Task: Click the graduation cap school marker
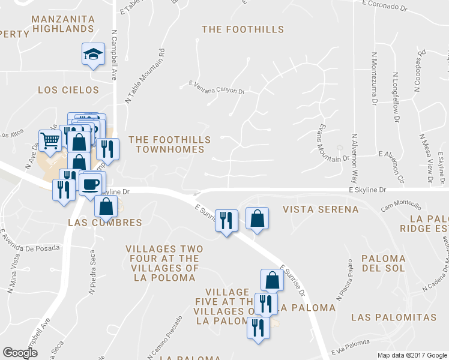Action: coord(94,55)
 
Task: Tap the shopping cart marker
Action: coord(50,140)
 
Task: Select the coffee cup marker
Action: coord(91,183)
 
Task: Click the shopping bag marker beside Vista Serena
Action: coord(257,219)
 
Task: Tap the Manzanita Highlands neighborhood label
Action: coord(62,23)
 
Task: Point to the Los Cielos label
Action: coord(68,90)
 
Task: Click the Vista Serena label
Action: coord(321,209)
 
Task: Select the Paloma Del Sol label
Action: coord(384,263)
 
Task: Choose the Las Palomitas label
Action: coord(394,316)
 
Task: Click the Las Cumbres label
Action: coord(105,223)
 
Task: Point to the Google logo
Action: coord(20,353)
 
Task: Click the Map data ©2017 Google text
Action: coord(411,355)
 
